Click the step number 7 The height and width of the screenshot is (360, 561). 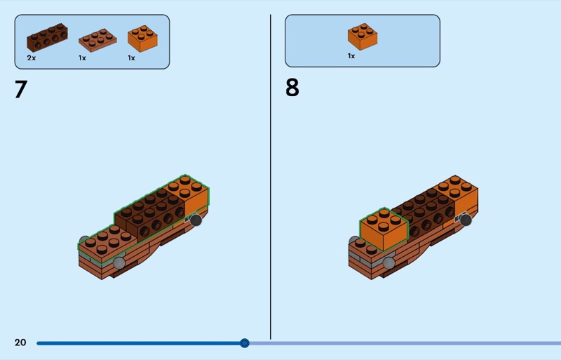click(x=21, y=89)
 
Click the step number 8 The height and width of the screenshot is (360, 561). click(x=292, y=88)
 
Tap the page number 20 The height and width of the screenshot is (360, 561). click(x=20, y=342)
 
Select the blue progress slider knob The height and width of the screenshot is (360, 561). click(x=244, y=343)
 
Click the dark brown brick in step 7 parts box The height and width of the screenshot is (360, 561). click(x=47, y=38)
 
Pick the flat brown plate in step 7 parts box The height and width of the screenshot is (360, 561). click(x=97, y=41)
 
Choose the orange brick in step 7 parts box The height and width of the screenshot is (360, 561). click(x=142, y=39)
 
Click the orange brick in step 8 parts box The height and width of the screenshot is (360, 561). click(x=363, y=37)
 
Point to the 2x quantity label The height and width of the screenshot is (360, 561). click(x=32, y=58)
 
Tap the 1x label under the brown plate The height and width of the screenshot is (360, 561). click(x=82, y=58)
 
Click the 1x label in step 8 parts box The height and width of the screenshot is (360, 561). click(x=351, y=56)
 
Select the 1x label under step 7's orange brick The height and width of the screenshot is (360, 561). click(x=131, y=58)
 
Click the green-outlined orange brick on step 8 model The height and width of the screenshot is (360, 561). click(x=384, y=229)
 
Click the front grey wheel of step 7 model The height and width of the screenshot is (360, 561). click(x=119, y=263)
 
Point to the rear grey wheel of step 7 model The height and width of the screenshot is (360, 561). click(x=196, y=220)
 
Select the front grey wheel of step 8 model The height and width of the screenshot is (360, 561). click(x=389, y=263)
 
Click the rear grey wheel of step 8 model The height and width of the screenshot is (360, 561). click(x=466, y=220)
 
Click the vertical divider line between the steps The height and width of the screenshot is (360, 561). click(x=271, y=177)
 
